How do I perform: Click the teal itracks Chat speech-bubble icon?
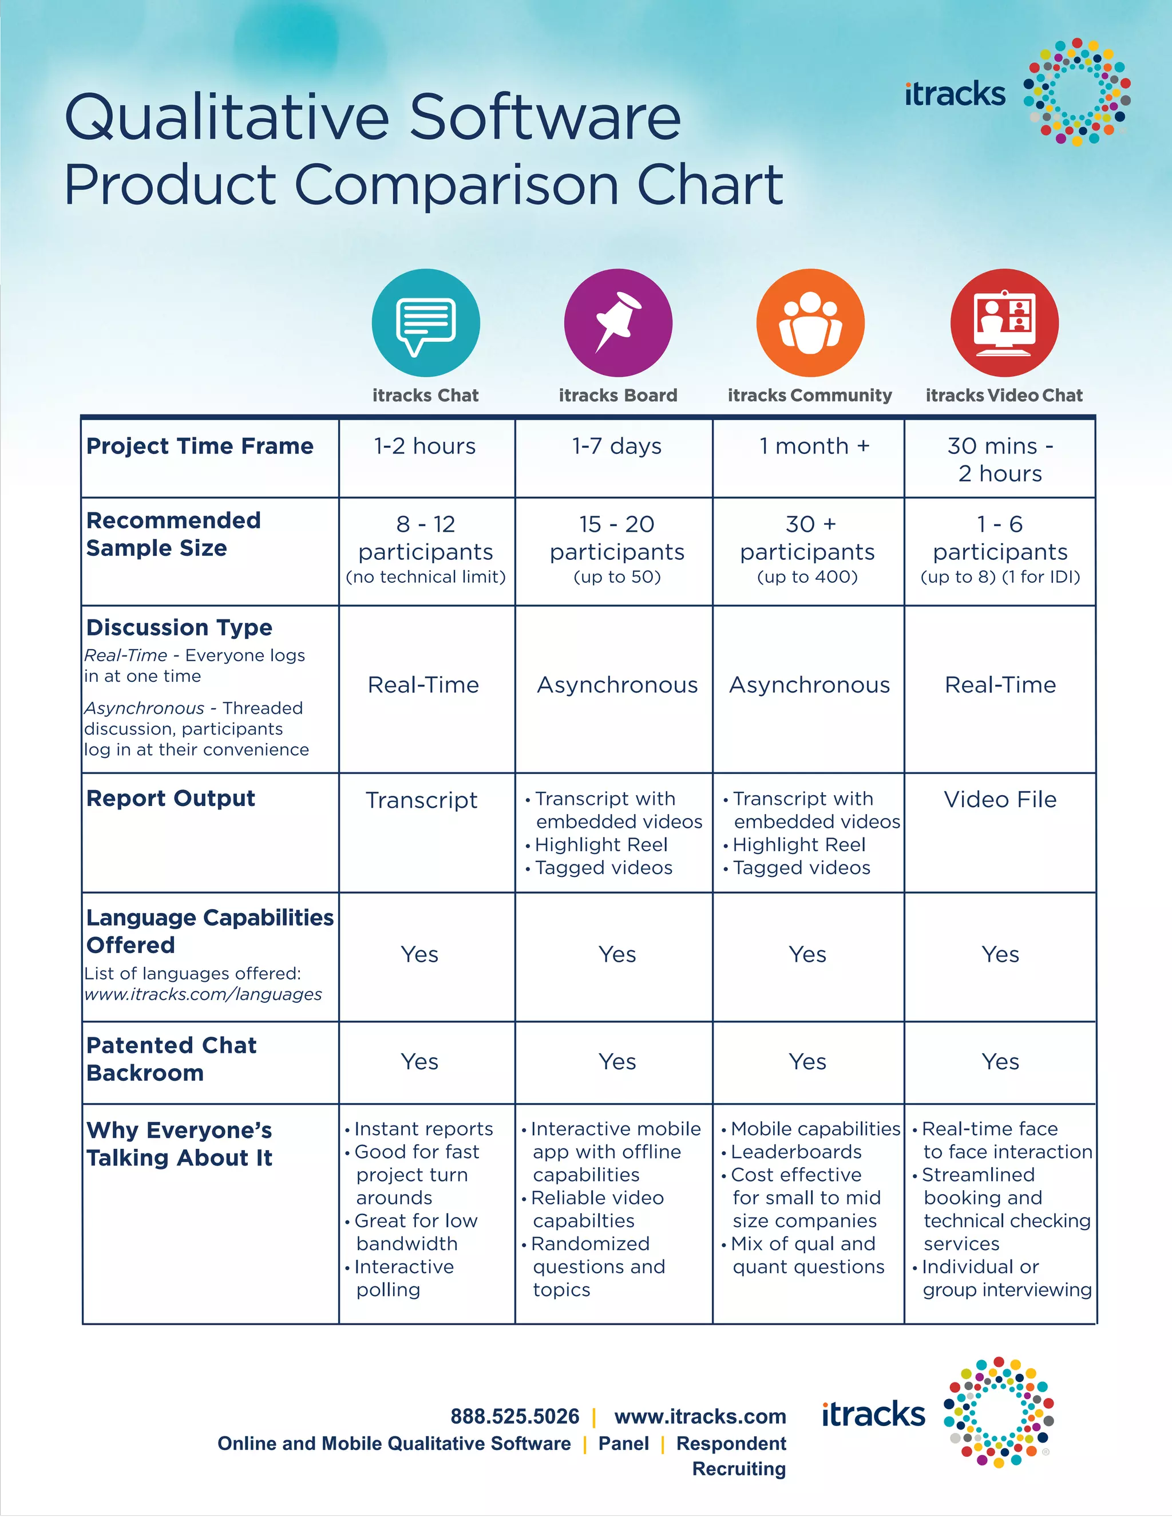tap(426, 323)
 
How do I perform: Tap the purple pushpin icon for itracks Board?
tap(618, 323)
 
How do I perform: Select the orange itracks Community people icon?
tap(810, 323)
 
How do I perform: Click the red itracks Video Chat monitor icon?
tap(1004, 323)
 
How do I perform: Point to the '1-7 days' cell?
tap(616, 446)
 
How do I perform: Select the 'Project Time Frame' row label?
tap(200, 446)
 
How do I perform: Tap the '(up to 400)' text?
tap(807, 576)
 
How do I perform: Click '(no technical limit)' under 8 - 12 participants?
tap(426, 576)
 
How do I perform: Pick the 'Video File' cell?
tap(1000, 800)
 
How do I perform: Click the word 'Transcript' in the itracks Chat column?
tap(421, 800)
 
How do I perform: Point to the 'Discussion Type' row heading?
tap(179, 627)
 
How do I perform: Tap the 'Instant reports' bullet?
tap(423, 1129)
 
